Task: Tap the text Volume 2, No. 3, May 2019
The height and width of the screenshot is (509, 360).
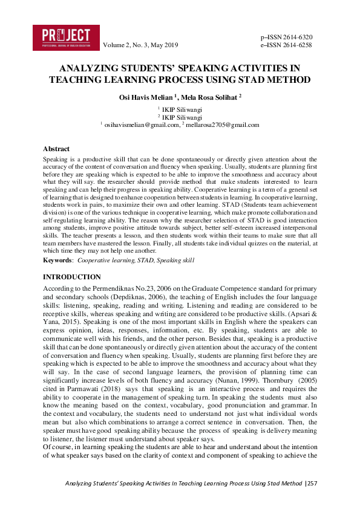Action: [x=140, y=45]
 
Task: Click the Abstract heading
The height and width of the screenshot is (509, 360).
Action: [x=56, y=148]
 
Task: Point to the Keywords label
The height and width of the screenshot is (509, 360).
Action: [x=57, y=260]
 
